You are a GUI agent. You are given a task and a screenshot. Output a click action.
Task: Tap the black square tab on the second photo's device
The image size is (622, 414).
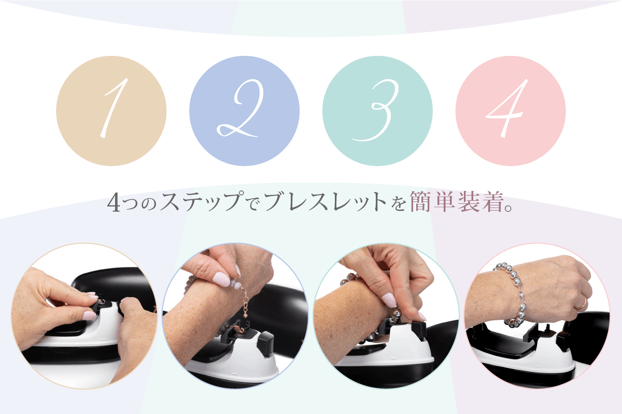point(265,342)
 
